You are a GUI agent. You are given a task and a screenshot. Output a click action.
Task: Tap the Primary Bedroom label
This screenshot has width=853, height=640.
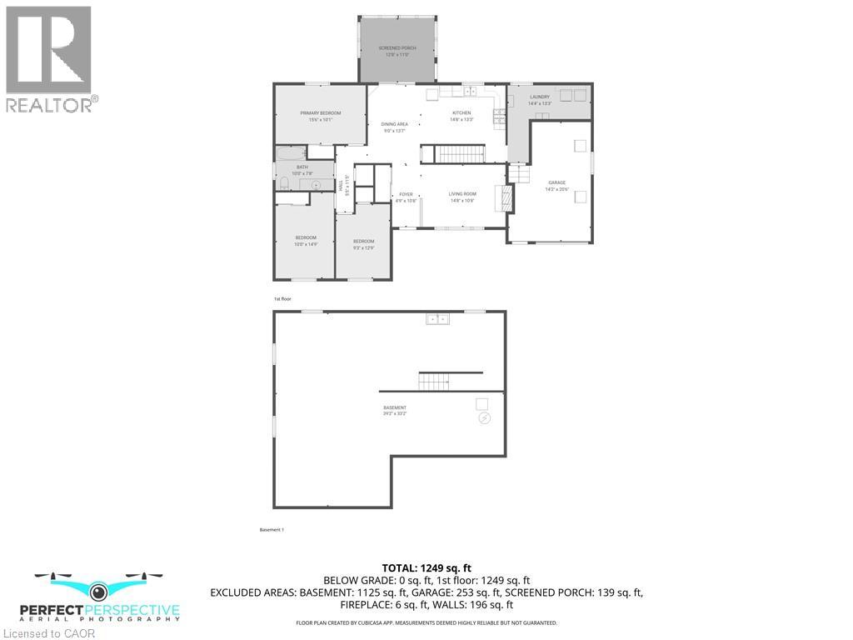coord(321,116)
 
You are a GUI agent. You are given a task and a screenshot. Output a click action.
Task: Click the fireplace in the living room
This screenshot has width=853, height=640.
coord(502,197)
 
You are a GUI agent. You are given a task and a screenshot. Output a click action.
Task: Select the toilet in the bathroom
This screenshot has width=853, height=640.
coord(284,184)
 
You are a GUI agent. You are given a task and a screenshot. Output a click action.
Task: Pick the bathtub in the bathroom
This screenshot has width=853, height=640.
coord(292,152)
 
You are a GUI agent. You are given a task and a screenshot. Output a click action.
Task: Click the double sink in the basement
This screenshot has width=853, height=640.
coord(437,318)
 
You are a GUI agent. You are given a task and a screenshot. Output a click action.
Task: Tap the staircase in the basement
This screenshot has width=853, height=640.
coord(433,382)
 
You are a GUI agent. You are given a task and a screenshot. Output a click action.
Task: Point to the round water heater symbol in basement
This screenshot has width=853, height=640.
coord(485,419)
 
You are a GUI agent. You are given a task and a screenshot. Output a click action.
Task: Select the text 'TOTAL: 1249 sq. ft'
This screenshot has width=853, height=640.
coord(426,567)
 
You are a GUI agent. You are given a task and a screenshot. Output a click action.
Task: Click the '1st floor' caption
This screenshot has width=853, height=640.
coord(282,298)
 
